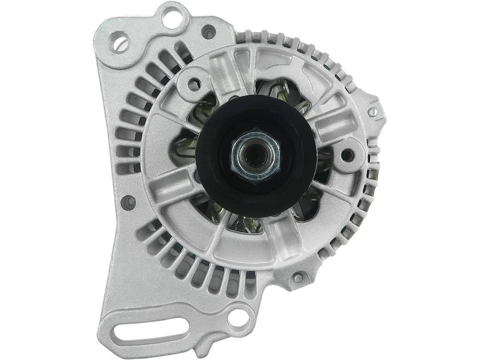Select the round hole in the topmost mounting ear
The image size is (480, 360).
pyautogui.click(x=171, y=18)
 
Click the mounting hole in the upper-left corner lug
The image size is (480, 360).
pyautogui.click(x=119, y=43)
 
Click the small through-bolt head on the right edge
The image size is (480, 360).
pyautogui.click(x=372, y=112)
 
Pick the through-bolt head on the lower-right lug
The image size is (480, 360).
pyautogui.click(x=298, y=278)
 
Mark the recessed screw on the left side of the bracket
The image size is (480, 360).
pyautogui.click(x=128, y=202)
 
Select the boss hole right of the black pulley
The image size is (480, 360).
pyautogui.click(x=348, y=155)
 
